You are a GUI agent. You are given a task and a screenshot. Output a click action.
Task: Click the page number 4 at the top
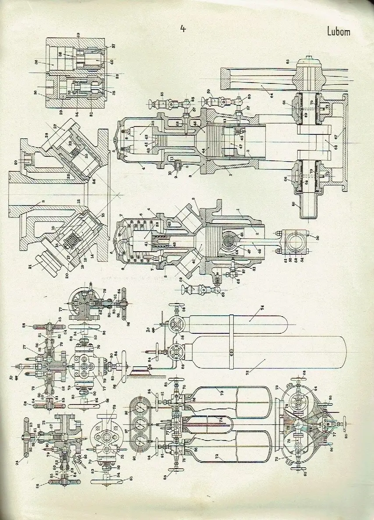183,29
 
